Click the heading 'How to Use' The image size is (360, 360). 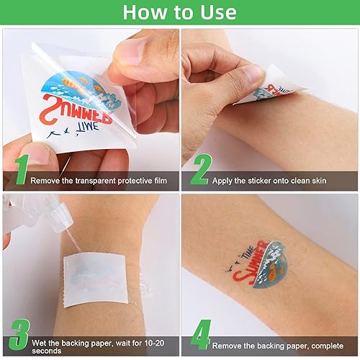click(x=179, y=13)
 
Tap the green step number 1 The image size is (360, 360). click(x=21, y=169)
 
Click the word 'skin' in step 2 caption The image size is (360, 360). click(x=315, y=181)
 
